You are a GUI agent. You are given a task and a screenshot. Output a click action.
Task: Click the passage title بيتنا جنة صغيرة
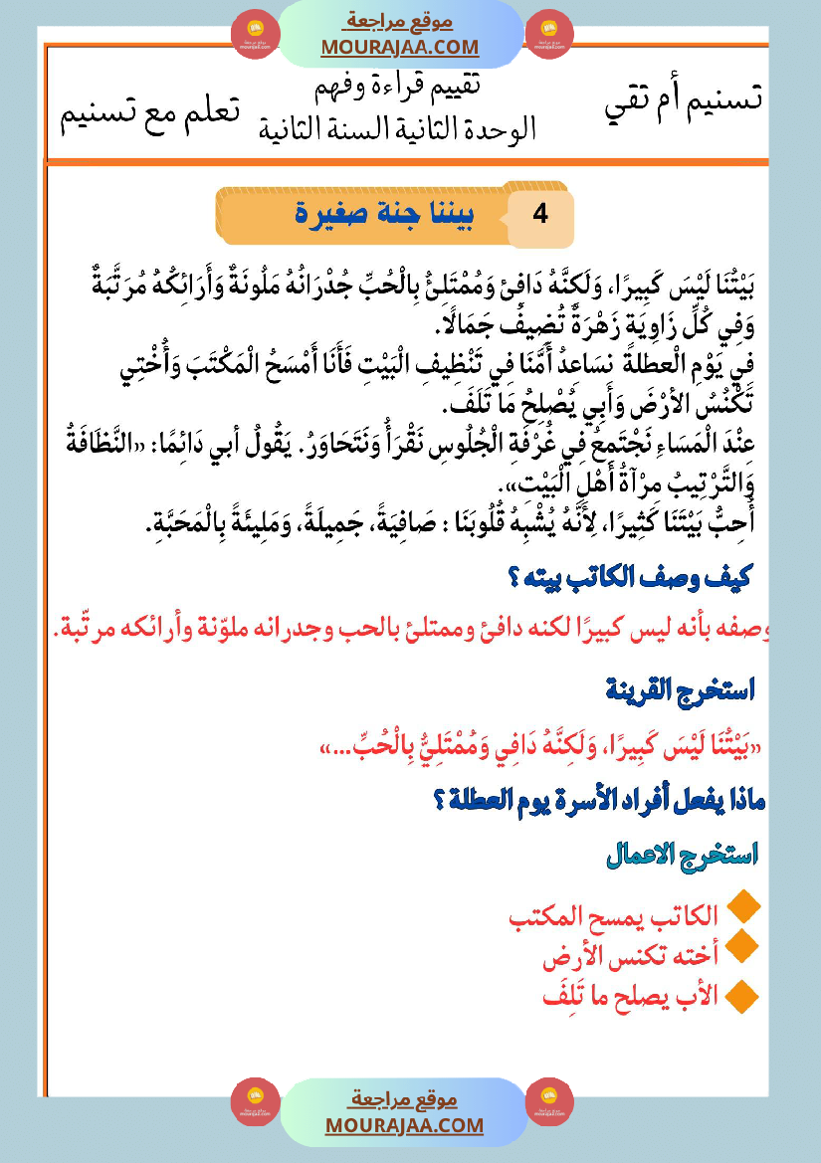pyautogui.click(x=387, y=212)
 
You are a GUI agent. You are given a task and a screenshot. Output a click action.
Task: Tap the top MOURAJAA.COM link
pyautogui.click(x=400, y=47)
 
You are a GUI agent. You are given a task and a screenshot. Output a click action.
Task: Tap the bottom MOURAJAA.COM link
pyautogui.click(x=404, y=1125)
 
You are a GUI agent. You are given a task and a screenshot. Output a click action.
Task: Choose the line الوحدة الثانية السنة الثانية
pyautogui.click(x=397, y=128)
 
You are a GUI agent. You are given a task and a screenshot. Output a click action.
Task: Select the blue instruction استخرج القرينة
pyautogui.click(x=681, y=688)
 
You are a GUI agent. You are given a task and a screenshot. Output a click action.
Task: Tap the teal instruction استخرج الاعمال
pyautogui.click(x=682, y=855)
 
